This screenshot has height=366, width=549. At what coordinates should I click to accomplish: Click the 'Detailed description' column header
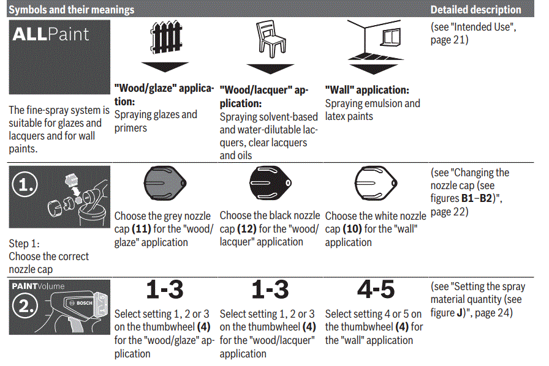tap(476, 10)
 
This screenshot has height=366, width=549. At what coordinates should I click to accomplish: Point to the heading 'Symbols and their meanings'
tap(71, 10)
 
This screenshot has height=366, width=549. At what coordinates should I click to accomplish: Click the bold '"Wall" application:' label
tap(367, 90)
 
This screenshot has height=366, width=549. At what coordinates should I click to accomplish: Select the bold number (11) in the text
tap(140, 229)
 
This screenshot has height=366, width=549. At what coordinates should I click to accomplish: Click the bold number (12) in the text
tap(246, 229)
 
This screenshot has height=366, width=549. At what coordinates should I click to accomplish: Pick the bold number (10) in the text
tap(351, 229)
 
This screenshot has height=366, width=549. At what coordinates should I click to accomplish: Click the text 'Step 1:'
tap(24, 243)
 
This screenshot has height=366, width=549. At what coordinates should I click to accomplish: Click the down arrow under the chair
tap(270, 67)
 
